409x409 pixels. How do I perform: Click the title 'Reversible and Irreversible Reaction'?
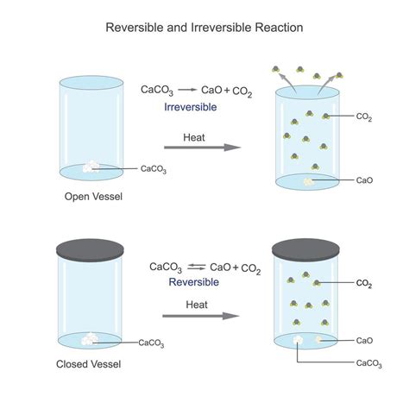point(204,27)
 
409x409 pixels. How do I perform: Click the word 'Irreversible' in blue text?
point(190,107)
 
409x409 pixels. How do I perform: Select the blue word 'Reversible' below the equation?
point(193,282)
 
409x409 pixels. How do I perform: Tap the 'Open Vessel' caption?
point(93,197)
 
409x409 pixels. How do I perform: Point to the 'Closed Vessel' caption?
point(92,364)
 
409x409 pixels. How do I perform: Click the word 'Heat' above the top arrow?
point(194,136)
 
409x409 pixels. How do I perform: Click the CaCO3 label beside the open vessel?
point(153,169)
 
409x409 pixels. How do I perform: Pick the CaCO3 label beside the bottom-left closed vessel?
point(151,343)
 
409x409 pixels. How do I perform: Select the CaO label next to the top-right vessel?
point(364,180)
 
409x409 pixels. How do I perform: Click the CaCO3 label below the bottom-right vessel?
point(369,364)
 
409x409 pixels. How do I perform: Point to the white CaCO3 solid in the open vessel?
point(91,168)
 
